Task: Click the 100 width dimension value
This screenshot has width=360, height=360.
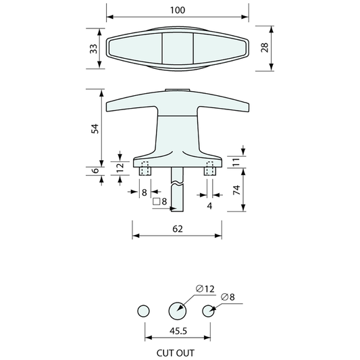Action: click(x=178, y=10)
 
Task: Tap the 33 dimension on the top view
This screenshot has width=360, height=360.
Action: click(x=94, y=49)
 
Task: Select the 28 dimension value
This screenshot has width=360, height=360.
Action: click(x=265, y=47)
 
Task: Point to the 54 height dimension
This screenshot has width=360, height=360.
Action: click(x=95, y=128)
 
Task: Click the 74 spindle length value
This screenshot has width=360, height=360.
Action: click(x=236, y=190)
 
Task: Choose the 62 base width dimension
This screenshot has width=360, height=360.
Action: click(x=178, y=229)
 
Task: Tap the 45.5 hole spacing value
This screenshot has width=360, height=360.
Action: click(x=178, y=331)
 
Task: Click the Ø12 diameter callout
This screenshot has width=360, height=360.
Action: click(x=205, y=289)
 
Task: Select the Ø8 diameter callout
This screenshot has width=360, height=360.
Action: click(x=228, y=297)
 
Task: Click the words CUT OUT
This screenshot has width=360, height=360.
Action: click(x=176, y=353)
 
